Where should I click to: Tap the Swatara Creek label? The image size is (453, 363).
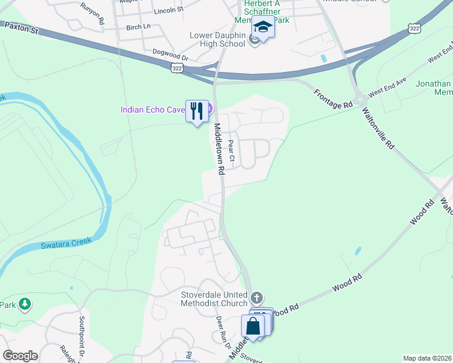pos(66,243)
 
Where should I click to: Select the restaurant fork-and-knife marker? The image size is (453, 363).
pos(196,111)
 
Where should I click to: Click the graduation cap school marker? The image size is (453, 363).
pos(263,28)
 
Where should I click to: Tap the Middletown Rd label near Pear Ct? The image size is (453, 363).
pos(219,149)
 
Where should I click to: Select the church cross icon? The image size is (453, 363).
pos(257,298)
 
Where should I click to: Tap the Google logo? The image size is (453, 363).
pos(20,356)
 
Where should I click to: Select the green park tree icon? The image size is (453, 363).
pos(25,304)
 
